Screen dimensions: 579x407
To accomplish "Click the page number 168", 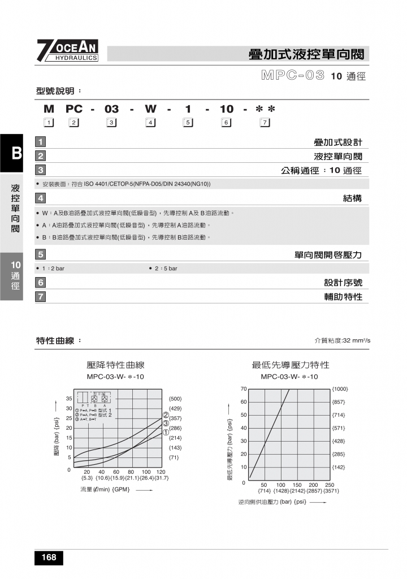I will tap(49, 558).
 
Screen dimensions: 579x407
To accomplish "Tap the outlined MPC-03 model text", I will tap(293, 76).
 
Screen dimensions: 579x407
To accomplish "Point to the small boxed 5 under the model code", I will tap(188, 123).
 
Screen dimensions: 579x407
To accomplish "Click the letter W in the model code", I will tap(150, 109).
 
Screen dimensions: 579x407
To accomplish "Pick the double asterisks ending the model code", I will tap(265, 109).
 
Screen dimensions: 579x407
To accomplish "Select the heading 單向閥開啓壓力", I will tap(328, 255).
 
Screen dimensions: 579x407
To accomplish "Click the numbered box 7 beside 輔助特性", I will tap(41, 296).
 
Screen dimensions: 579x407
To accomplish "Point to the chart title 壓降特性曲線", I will tap(116, 365).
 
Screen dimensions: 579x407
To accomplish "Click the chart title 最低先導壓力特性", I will tap(290, 365).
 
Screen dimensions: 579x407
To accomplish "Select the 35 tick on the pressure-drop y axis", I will tap(68, 399).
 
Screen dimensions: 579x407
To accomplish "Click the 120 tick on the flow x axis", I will tap(161, 472).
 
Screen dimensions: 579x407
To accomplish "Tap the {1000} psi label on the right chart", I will tap(340, 389).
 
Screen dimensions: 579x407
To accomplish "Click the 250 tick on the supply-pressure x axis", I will tap(330, 485).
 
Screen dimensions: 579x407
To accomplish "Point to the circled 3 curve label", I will tap(166, 423).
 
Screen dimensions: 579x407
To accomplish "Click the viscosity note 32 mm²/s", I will tap(346, 340).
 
